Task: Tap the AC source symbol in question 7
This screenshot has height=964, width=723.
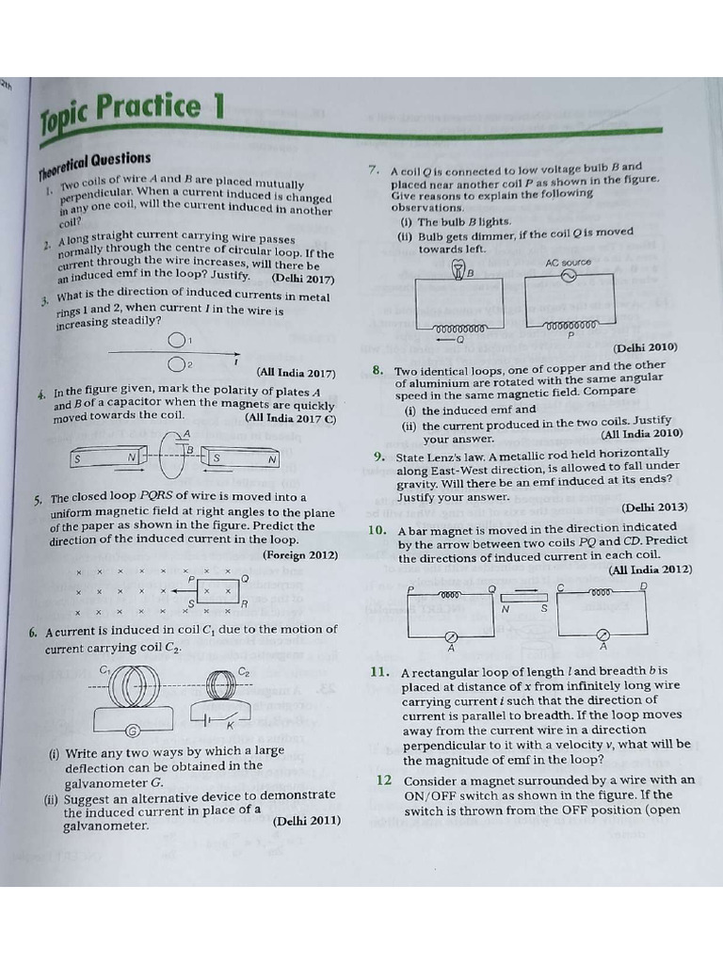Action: pyautogui.click(x=568, y=276)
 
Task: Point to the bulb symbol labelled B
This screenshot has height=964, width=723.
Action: pyautogui.click(x=459, y=271)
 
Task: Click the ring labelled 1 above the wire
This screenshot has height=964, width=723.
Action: pyautogui.click(x=176, y=341)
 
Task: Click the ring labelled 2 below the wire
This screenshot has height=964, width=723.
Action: pyautogui.click(x=176, y=364)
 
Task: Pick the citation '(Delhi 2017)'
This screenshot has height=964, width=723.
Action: pyautogui.click(x=302, y=279)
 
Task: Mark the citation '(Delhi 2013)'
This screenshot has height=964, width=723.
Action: pyautogui.click(x=654, y=507)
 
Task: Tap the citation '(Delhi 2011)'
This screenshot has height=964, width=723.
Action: pyautogui.click(x=307, y=821)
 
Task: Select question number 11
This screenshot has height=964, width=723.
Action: pyautogui.click(x=379, y=672)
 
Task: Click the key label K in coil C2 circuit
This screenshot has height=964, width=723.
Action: pyautogui.click(x=229, y=724)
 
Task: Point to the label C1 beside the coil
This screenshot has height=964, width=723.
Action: pyautogui.click(x=105, y=669)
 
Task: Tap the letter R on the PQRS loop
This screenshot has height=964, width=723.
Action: pyautogui.click(x=244, y=604)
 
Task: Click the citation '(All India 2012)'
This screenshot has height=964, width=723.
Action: pyautogui.click(x=650, y=570)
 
